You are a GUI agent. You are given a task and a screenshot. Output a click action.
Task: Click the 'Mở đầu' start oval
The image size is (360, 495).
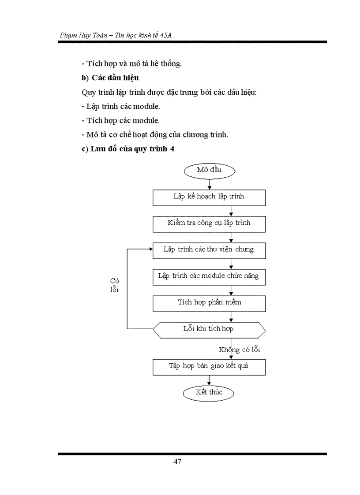point(209,171)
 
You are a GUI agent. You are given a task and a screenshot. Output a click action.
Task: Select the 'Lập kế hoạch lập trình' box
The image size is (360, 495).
point(209,197)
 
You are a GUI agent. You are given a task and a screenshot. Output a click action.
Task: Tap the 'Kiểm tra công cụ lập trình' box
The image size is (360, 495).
point(209,224)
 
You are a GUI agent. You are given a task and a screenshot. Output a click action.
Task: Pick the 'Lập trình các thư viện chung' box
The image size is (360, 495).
point(209,250)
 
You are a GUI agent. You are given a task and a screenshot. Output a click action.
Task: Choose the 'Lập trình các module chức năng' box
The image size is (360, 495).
point(209,277)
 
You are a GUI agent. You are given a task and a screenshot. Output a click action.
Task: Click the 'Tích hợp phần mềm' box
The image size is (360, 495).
point(209,303)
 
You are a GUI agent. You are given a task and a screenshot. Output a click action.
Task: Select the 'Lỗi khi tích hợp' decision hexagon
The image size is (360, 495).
point(209,329)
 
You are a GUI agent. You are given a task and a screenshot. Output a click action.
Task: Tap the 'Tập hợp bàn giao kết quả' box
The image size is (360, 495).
point(209,367)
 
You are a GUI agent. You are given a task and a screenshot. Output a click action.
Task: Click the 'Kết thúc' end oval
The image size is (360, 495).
point(209,392)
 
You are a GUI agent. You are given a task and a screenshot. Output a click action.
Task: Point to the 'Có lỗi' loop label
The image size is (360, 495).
point(115,285)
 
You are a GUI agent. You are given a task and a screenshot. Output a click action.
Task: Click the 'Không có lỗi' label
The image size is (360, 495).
point(240,350)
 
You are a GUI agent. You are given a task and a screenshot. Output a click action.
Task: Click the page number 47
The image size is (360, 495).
point(177,462)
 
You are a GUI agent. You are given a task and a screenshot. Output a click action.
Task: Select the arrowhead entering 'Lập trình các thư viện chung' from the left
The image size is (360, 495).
point(150,249)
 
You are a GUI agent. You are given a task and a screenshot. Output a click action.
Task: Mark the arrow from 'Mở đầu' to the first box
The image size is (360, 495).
point(209,184)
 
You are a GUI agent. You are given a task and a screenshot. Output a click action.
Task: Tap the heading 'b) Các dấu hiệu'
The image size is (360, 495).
point(110,78)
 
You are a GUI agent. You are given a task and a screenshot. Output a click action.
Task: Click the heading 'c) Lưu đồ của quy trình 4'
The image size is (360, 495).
point(128,149)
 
